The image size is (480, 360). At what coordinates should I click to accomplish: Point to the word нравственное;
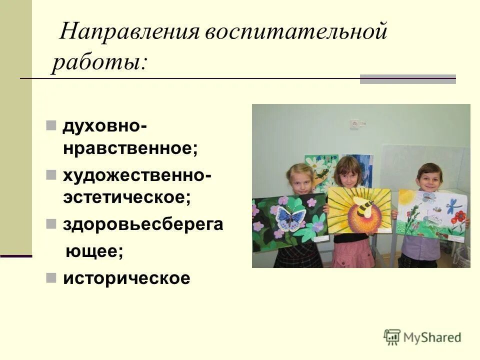click(130, 148)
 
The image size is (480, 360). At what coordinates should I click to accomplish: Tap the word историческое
click(126, 278)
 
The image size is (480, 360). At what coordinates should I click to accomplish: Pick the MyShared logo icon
click(392, 337)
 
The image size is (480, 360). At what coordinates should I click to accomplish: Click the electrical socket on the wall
click(355, 123)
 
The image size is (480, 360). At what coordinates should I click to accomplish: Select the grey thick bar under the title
click(408, 79)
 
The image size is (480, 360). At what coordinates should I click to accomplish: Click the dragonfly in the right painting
click(454, 204)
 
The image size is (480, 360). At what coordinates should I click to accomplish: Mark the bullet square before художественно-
click(51, 174)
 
